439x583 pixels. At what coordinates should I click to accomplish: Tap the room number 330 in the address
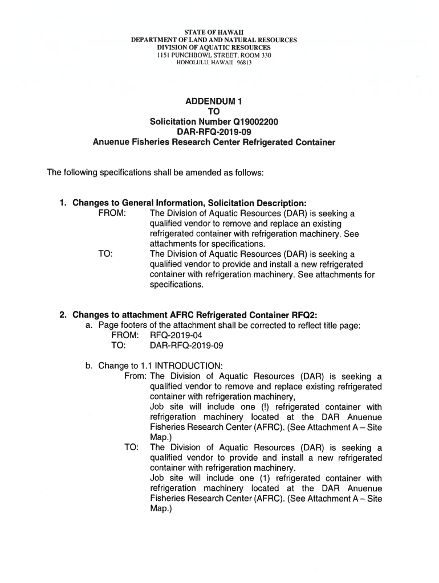click(x=263, y=55)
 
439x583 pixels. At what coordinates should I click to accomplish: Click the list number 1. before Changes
click(x=64, y=203)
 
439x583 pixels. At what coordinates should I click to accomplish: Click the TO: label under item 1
click(x=105, y=254)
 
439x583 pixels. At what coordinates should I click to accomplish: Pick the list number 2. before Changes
click(x=64, y=315)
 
